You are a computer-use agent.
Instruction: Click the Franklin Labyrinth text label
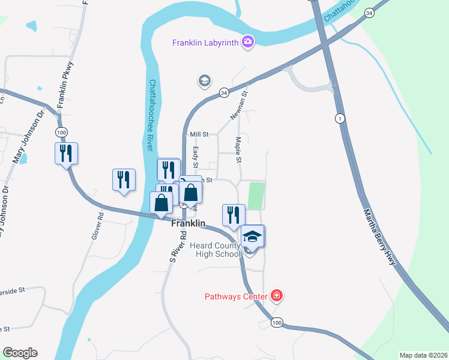pyautogui.click(x=206, y=42)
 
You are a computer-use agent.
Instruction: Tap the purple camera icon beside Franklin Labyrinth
pyautogui.click(x=247, y=41)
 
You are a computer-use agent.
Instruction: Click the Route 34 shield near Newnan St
pyautogui.click(x=224, y=93)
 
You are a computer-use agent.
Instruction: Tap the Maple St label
pyautogui.click(x=238, y=150)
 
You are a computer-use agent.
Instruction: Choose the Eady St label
pyautogui.click(x=196, y=157)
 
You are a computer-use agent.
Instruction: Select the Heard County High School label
pyautogui.click(x=215, y=250)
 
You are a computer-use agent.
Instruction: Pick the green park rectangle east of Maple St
pyautogui.click(x=256, y=196)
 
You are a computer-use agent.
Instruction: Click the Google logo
pyautogui.click(x=20, y=353)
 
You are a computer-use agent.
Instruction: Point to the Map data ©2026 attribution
pyautogui.click(x=423, y=355)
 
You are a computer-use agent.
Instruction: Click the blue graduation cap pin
pyautogui.click(x=253, y=236)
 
